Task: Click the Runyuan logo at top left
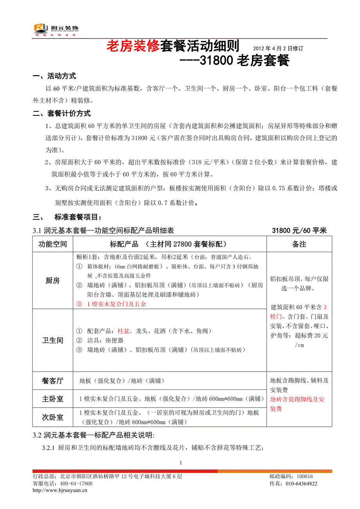click(56, 29)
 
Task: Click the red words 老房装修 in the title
click(133, 47)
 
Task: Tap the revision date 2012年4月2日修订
click(278, 48)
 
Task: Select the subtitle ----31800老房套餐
click(234, 61)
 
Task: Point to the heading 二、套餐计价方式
click(62, 114)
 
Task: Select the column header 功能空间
click(53, 244)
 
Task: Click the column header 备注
click(299, 244)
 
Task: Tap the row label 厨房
click(53, 280)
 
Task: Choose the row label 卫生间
click(53, 340)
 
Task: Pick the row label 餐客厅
click(53, 380)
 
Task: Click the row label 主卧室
click(53, 399)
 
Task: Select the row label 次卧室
click(53, 417)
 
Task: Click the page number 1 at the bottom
click(181, 463)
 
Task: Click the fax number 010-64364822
click(299, 484)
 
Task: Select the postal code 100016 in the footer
click(305, 477)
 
